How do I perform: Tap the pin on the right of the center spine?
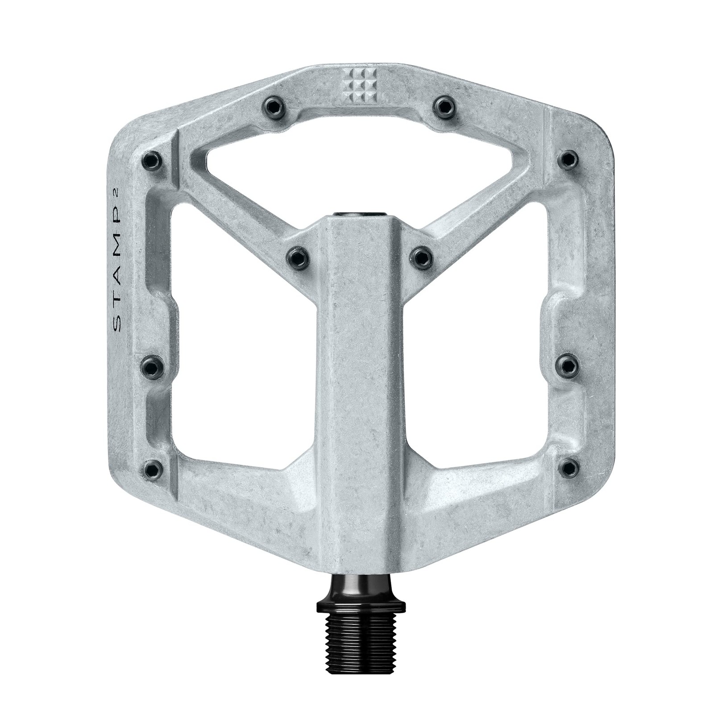tap(421, 257)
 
